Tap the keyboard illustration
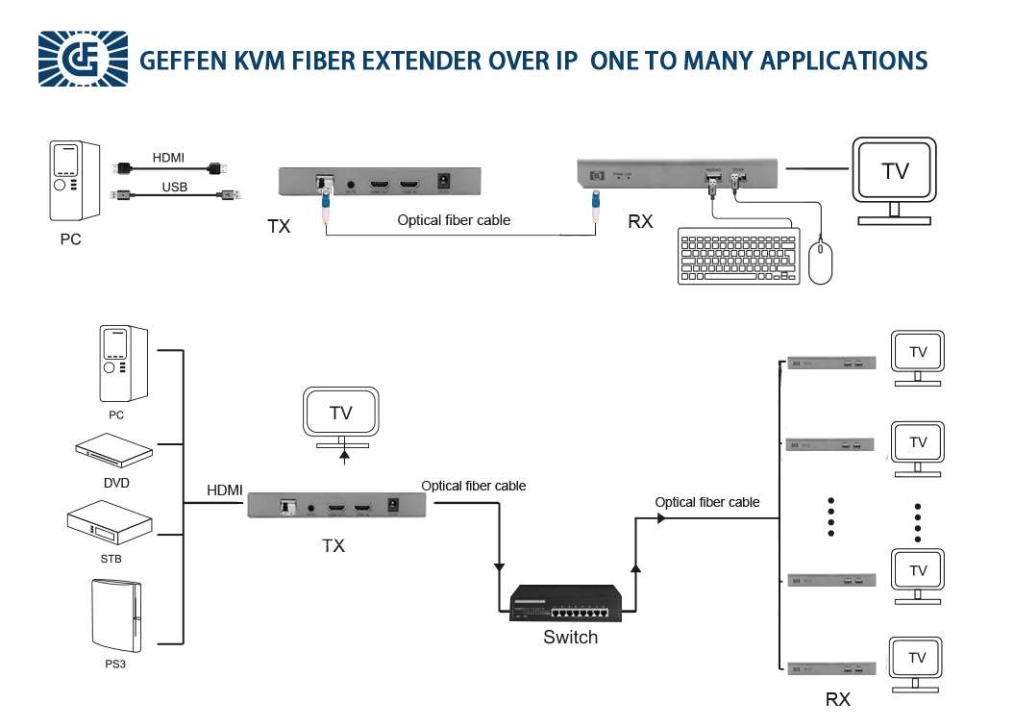point(739,255)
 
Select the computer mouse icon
point(820,263)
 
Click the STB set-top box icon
point(110,523)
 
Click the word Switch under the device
point(570,638)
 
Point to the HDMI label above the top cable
point(168,158)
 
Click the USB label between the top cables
point(175,187)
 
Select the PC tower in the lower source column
point(124,364)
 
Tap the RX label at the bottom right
point(837,700)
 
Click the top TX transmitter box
point(379,182)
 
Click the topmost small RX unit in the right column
point(830,363)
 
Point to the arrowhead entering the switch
point(499,565)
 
